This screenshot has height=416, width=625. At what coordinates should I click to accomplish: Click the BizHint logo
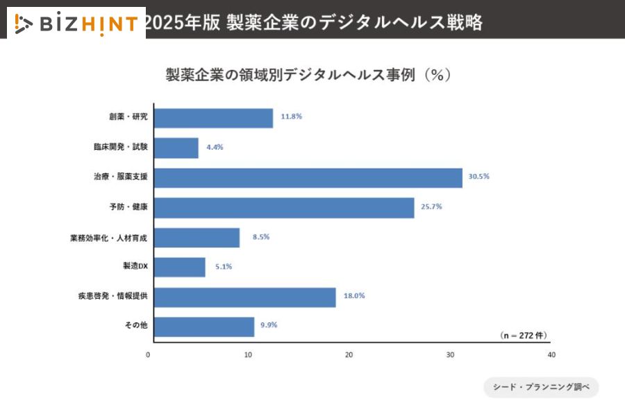click(76, 24)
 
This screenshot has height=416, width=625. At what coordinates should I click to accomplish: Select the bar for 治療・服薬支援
click(308, 177)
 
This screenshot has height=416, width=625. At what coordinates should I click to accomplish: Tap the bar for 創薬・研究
click(213, 118)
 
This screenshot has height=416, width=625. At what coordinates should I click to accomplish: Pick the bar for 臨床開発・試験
click(176, 148)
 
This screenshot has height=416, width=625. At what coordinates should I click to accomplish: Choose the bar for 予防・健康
click(283, 207)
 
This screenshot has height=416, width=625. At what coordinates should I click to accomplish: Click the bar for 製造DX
click(179, 267)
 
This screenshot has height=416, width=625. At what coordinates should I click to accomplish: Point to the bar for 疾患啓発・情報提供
click(244, 297)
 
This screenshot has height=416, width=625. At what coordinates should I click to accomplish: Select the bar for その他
click(203, 327)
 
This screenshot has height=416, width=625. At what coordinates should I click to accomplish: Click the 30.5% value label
click(479, 177)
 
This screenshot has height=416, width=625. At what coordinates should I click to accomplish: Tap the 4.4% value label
click(215, 147)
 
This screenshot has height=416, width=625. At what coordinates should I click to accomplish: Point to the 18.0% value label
click(354, 296)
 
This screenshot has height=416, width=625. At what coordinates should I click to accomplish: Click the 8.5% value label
click(261, 237)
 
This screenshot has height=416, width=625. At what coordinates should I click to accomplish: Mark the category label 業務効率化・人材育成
click(109, 238)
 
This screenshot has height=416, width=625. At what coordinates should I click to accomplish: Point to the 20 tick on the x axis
click(349, 355)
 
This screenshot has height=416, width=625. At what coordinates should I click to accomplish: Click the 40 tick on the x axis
click(551, 355)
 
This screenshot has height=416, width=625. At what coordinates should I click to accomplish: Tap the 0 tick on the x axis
click(148, 355)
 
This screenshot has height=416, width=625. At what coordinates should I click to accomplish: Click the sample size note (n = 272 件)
click(524, 336)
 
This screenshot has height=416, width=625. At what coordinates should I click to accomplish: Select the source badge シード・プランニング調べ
click(541, 388)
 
